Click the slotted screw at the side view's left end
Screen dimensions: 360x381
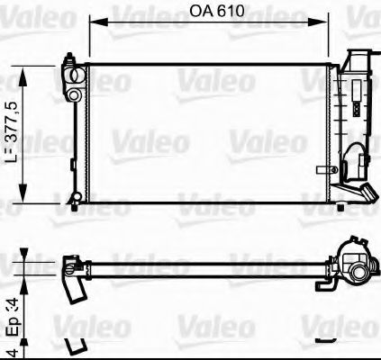pos(68,266)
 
